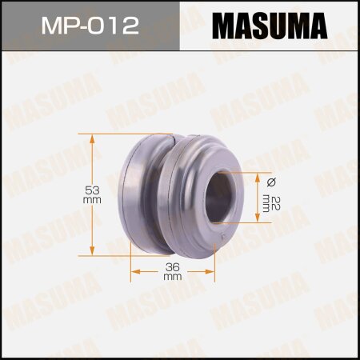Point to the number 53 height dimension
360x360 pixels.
(x=93, y=190)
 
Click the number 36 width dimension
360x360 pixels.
(x=172, y=266)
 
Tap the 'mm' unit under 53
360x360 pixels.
(x=93, y=201)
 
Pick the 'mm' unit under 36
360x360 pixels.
(x=172, y=276)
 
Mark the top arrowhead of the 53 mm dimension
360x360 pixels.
(x=93, y=138)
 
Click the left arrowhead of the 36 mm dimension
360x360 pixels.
(x=135, y=272)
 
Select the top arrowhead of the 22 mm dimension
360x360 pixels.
(x=257, y=175)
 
